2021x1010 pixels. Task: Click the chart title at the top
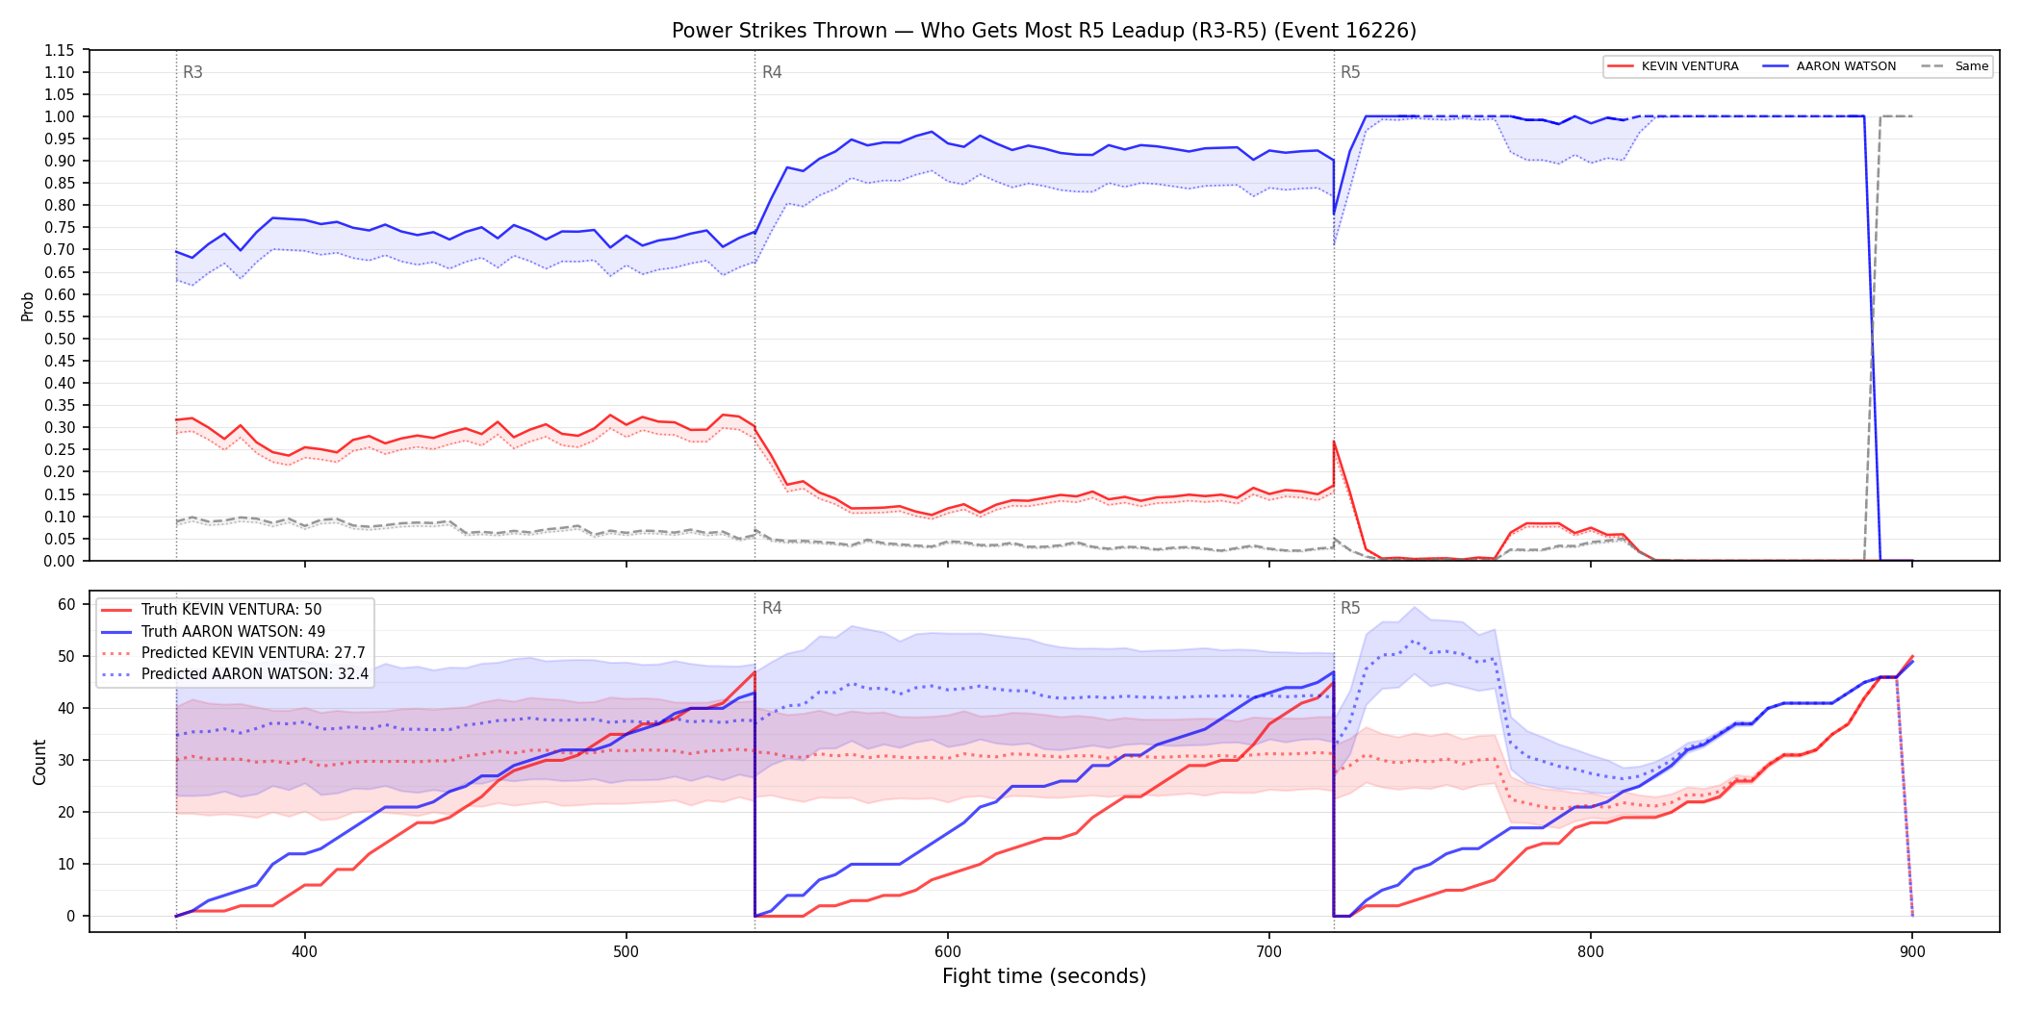click(x=1044, y=31)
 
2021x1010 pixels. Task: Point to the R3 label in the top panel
click(x=192, y=72)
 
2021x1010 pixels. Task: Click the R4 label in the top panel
click(x=772, y=72)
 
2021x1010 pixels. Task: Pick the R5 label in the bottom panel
click(x=1350, y=608)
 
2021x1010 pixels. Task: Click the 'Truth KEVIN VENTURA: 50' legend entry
click(x=231, y=610)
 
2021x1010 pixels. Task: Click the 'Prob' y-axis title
click(x=28, y=306)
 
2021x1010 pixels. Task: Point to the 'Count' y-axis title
click(x=39, y=762)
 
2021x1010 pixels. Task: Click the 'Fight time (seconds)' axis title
click(x=1044, y=976)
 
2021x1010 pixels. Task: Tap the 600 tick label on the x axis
click(x=948, y=951)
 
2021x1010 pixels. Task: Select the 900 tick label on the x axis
click(x=1912, y=951)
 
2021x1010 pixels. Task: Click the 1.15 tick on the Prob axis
click(x=60, y=50)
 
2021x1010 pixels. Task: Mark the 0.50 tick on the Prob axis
click(x=60, y=339)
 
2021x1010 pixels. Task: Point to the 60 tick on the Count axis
click(x=66, y=604)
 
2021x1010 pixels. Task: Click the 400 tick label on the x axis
click(x=305, y=951)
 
